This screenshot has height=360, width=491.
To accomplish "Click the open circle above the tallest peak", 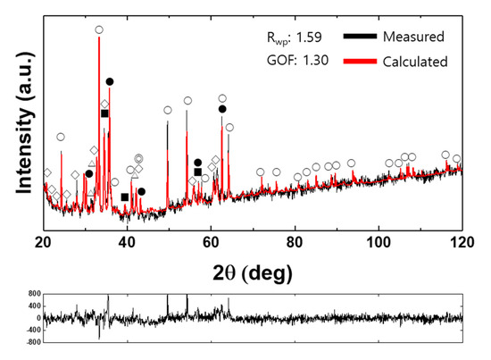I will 99,29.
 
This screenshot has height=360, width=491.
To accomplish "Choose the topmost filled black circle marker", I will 110,81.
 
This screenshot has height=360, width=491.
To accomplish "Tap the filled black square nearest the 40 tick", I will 124,197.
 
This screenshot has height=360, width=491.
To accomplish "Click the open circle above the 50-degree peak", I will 168,110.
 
